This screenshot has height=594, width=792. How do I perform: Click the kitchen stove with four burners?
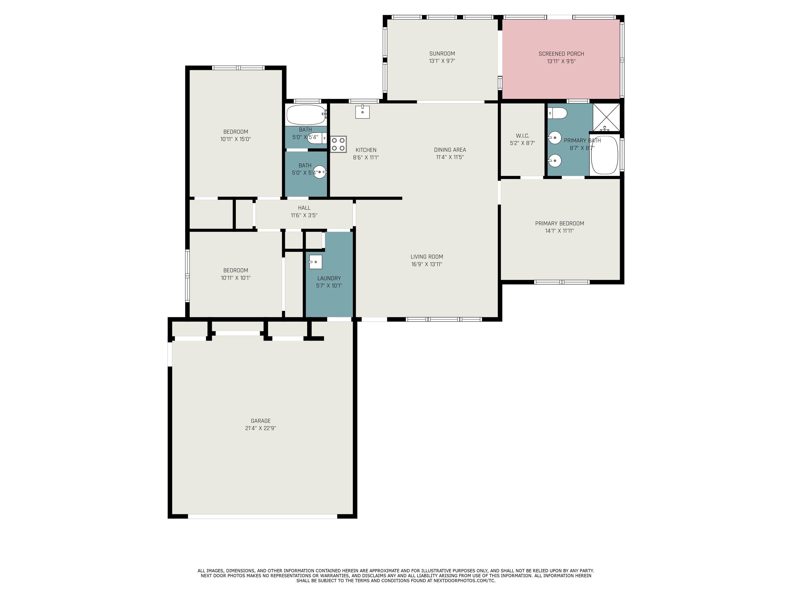point(338,144)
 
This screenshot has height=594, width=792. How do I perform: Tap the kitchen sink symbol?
point(362,111)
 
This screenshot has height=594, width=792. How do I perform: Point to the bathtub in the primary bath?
point(604,155)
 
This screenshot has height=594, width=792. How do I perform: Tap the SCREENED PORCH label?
point(561,54)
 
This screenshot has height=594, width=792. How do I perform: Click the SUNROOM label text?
point(442,54)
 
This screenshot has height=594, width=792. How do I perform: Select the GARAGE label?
point(261,421)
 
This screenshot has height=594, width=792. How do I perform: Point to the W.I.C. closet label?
point(522,136)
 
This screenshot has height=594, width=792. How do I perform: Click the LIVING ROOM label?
point(427,257)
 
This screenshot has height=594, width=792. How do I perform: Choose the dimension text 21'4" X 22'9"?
point(261,428)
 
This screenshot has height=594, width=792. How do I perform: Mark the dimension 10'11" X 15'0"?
point(236,139)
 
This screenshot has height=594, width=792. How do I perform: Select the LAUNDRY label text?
point(329,278)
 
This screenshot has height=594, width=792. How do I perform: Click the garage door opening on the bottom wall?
point(262,516)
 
